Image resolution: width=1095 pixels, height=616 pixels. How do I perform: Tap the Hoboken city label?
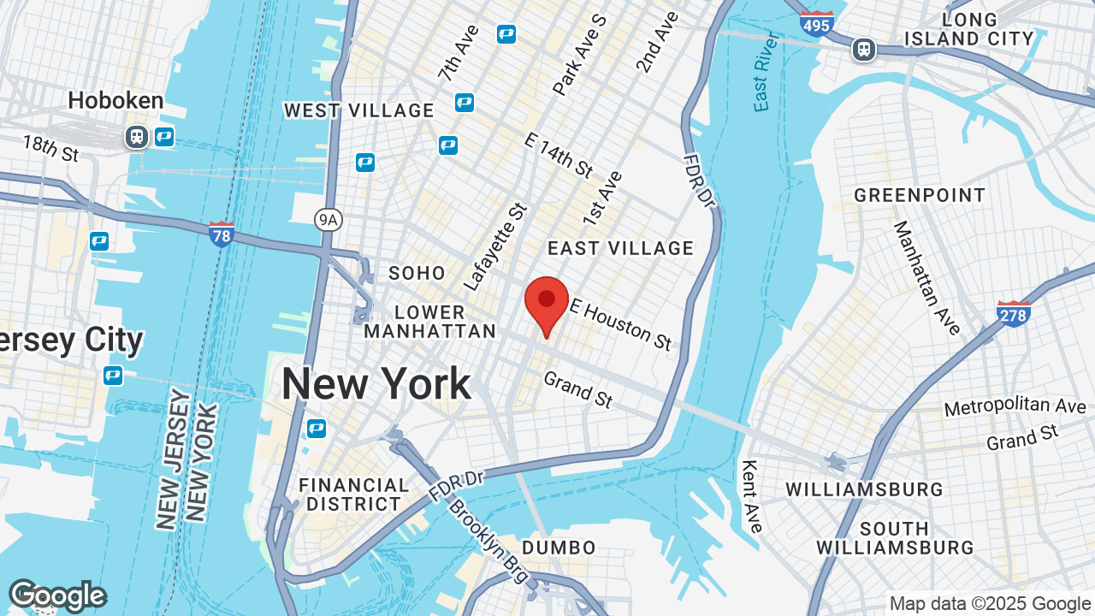click(x=115, y=100)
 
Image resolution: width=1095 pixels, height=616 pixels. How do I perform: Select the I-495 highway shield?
click(x=817, y=23)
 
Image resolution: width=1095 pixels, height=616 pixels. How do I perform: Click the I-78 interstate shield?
click(x=222, y=233)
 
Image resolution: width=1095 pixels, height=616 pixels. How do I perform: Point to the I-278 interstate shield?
click(x=1013, y=313)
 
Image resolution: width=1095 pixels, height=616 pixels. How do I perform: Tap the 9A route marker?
click(x=328, y=220)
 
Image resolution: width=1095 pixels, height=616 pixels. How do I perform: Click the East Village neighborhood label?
click(x=620, y=248)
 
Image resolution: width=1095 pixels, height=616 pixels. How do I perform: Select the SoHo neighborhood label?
click(x=417, y=273)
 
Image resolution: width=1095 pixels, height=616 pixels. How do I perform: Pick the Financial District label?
click(x=354, y=495)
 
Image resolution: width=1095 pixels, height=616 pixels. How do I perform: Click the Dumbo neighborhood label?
click(x=559, y=548)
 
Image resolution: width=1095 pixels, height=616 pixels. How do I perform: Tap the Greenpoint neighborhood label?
click(x=920, y=195)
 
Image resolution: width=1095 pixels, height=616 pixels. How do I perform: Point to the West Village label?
click(x=359, y=110)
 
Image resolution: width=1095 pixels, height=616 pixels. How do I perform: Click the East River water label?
click(x=763, y=73)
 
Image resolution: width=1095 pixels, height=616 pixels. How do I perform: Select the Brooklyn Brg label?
click(x=488, y=536)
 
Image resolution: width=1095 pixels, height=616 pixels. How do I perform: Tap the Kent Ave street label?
click(x=751, y=496)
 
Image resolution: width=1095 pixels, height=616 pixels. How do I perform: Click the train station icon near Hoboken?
click(x=136, y=136)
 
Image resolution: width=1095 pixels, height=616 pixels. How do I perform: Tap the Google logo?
click(x=57, y=596)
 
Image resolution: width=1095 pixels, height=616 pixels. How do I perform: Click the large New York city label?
click(x=376, y=383)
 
